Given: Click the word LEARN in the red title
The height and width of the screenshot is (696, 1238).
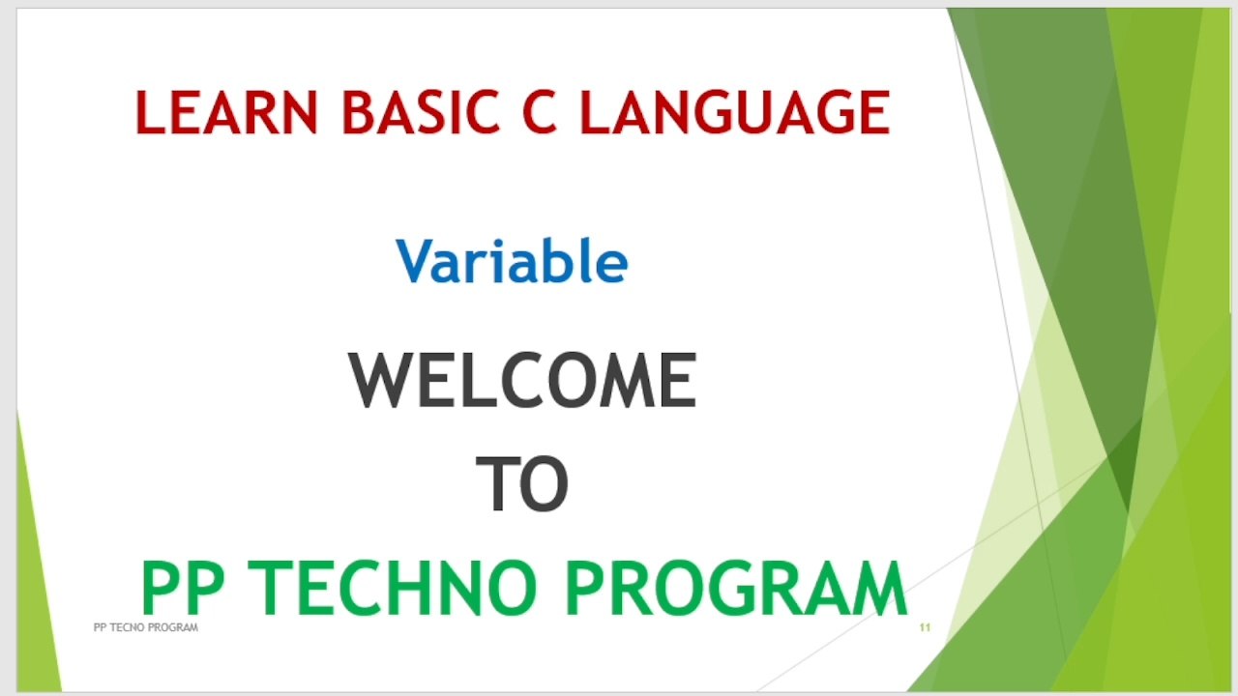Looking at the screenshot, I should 226,112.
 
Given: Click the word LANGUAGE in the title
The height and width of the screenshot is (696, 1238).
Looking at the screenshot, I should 734,112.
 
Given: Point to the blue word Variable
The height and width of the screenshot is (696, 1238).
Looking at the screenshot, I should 512,262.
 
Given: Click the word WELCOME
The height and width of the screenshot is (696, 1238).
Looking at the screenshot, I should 522,381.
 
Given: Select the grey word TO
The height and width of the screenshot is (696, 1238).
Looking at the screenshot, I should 522,485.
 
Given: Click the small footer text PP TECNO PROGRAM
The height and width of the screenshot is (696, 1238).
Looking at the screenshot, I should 145,628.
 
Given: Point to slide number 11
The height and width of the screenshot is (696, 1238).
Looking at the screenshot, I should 925,628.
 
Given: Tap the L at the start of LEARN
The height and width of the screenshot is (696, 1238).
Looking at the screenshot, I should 150,112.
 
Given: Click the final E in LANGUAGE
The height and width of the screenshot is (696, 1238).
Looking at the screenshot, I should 872,112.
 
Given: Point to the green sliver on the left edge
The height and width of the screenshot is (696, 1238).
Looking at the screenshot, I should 35,580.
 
